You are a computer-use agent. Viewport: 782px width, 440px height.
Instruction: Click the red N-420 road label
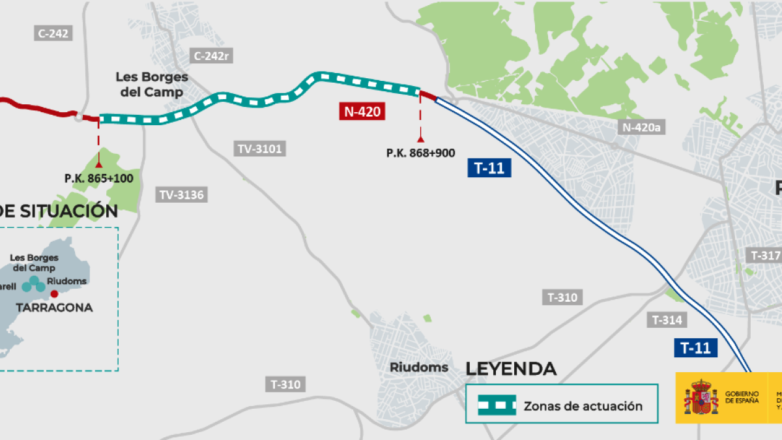(362, 111)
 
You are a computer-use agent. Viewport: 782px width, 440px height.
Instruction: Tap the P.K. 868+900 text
(420, 153)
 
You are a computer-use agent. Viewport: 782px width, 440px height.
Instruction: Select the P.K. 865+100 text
(98, 178)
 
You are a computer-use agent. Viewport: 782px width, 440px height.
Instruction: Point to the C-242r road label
(211, 55)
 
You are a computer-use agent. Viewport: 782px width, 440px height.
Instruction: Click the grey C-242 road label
(53, 34)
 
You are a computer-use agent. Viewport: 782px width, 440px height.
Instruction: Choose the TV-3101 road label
(259, 149)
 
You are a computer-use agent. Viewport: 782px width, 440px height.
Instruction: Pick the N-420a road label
(642, 127)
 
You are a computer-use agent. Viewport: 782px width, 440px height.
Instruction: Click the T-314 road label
(667, 319)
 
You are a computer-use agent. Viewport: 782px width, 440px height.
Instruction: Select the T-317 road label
(765, 256)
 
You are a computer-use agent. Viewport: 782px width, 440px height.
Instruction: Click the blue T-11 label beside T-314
(695, 348)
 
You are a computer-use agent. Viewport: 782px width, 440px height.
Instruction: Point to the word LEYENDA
(511, 369)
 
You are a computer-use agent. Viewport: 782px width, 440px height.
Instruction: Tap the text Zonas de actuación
(583, 406)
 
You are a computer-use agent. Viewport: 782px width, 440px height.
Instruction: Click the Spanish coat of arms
(700, 398)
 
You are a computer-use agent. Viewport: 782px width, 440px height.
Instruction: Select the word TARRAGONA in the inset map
(55, 308)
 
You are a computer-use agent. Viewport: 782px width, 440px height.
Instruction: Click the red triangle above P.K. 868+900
(420, 139)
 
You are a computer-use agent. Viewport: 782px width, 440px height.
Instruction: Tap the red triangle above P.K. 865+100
(98, 164)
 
